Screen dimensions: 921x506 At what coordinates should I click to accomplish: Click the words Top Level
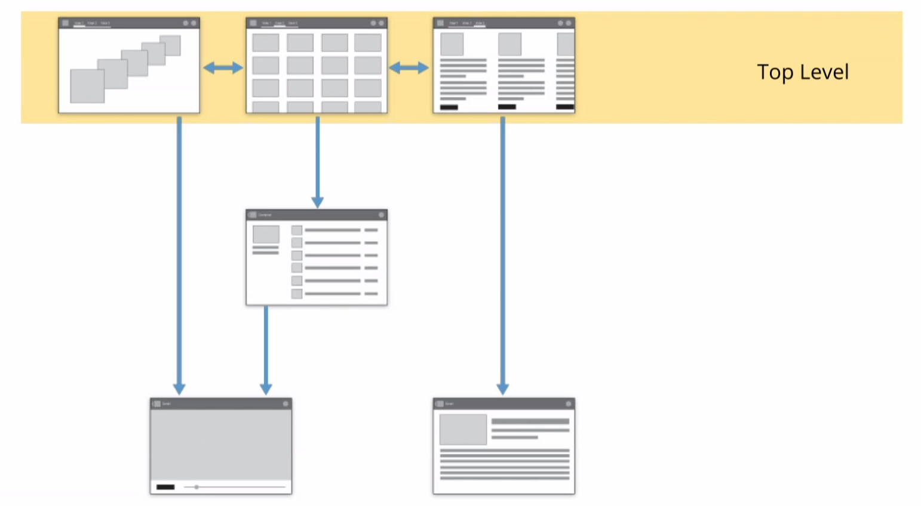tap(802, 72)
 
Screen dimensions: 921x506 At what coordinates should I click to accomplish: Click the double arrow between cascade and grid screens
tap(223, 68)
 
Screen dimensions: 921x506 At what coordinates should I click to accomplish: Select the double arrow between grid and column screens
tap(409, 68)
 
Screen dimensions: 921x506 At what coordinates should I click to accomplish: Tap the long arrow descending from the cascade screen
tap(179, 251)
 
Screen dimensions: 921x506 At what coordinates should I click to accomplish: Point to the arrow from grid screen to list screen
tap(317, 161)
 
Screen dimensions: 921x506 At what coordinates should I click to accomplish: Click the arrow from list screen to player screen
tap(266, 349)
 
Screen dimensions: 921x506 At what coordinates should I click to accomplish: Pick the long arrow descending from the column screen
tap(503, 251)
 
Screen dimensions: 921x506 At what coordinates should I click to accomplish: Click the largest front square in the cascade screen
tap(87, 86)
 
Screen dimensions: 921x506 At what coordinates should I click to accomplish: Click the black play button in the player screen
tap(165, 487)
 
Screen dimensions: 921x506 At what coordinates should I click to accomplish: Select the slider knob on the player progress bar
tap(196, 487)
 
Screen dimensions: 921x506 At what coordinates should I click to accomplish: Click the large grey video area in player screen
tap(220, 445)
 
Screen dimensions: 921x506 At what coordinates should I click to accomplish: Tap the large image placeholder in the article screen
tap(463, 430)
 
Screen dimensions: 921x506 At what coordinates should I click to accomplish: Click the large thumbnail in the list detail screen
tap(266, 234)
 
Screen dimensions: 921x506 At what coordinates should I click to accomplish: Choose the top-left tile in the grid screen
tap(266, 43)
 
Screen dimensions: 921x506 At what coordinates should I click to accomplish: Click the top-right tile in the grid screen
tap(368, 43)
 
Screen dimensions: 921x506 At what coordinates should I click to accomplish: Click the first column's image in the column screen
tap(452, 44)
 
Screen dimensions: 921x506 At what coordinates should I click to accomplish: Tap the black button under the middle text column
tap(506, 107)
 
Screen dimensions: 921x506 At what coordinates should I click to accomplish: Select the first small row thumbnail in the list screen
tap(297, 230)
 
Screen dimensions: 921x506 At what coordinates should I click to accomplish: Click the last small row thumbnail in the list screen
tap(297, 294)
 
